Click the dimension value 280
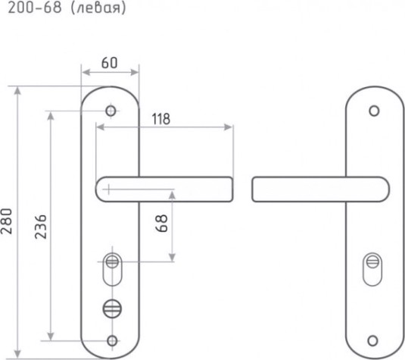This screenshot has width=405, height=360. point(6,221)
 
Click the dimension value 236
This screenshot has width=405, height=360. point(41,227)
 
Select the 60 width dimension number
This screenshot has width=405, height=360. point(109,63)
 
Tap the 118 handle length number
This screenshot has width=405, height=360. point(161,119)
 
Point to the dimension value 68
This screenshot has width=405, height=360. point(162,223)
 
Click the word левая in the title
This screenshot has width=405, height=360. point(98,8)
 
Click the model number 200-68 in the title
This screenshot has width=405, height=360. point(35,8)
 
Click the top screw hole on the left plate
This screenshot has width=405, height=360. point(111,111)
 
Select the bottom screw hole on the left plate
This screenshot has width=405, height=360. point(112,341)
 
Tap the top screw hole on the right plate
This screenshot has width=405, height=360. point(374,111)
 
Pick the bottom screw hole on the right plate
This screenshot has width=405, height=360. point(372,341)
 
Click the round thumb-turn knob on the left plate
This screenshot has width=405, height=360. point(112,308)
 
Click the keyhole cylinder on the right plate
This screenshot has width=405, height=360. point(372,269)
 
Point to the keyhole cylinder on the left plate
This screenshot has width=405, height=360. point(112,269)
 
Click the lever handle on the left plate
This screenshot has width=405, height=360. point(164,189)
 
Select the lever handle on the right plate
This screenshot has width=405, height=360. point(320,189)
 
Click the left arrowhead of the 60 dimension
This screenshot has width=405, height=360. point(86,73)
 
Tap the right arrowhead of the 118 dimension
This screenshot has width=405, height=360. point(228,127)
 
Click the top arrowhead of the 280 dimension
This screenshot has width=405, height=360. point(17,90)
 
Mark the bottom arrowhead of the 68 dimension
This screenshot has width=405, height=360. point(172,258)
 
